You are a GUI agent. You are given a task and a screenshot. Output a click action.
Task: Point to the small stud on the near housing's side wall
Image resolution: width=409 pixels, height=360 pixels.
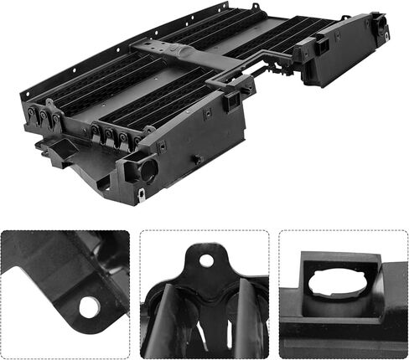pyautogui.click(x=196, y=159)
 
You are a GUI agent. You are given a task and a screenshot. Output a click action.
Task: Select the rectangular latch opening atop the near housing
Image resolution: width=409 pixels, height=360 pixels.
pyautogui.click(x=232, y=100)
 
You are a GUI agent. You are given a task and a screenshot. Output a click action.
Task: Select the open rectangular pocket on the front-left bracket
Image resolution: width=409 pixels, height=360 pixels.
pyautogui.click(x=58, y=150)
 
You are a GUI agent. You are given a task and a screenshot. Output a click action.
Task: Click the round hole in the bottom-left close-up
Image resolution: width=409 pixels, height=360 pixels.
pyautogui.click(x=89, y=307)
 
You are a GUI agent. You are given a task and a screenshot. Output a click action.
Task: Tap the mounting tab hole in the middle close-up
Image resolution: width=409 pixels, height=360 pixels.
pyautogui.click(x=206, y=260)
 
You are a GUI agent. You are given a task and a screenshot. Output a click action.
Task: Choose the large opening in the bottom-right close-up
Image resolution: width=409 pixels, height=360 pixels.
pyautogui.click(x=335, y=284)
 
